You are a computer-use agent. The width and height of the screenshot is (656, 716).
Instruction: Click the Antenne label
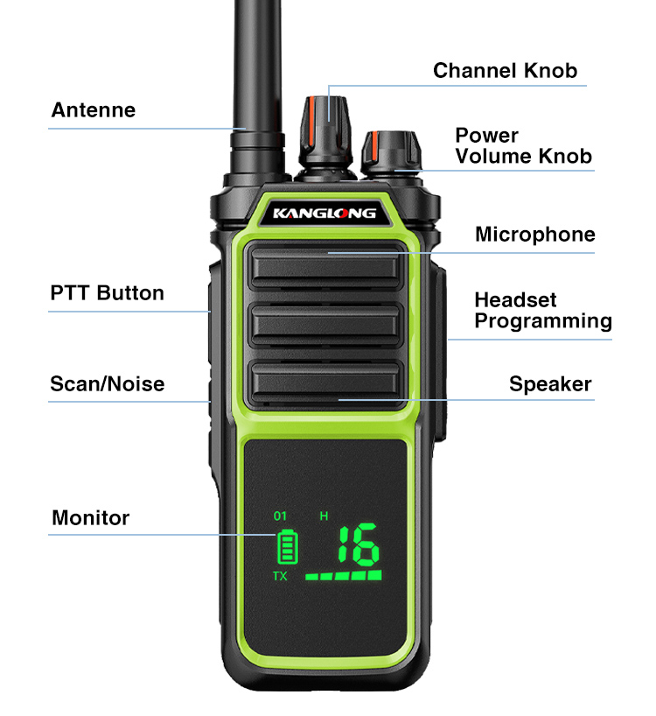[x=93, y=110]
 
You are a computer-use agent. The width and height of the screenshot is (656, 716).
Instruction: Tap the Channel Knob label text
[x=505, y=71]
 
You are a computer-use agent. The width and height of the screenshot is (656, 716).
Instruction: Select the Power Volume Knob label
[x=524, y=145]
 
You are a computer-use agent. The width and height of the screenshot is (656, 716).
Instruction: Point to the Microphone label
[x=535, y=235]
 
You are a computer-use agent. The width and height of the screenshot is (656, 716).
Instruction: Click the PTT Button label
[x=108, y=292]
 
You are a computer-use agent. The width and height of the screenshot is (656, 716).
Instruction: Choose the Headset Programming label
[x=543, y=311]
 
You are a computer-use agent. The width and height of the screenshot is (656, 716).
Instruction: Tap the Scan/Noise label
[x=108, y=383]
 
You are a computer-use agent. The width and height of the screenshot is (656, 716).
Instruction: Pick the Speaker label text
[x=550, y=384]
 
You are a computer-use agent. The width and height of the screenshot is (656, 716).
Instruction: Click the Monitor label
[x=91, y=518]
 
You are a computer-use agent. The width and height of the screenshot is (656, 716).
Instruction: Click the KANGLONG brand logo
[x=325, y=214]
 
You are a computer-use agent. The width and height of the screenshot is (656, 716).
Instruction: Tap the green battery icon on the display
[x=288, y=547]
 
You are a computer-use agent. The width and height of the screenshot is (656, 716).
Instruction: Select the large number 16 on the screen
[x=359, y=544]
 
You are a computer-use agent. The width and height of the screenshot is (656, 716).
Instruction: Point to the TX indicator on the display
[x=280, y=576]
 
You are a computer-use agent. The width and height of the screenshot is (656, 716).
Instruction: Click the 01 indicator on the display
[x=280, y=516]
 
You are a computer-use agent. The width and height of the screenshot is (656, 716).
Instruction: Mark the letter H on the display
[x=324, y=516]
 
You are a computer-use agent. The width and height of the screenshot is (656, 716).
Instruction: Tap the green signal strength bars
[x=344, y=575]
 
